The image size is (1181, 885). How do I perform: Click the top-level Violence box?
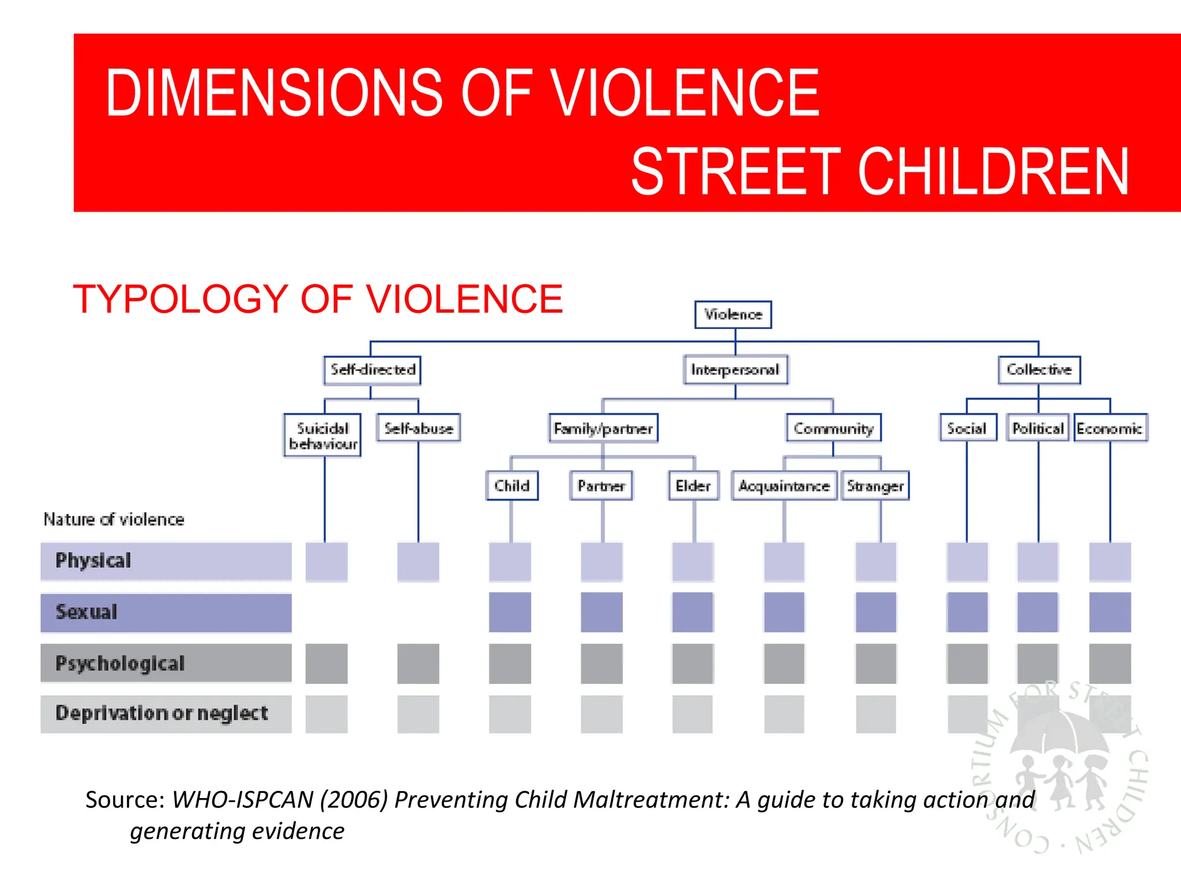coord(733,315)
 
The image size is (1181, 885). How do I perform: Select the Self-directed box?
coord(373,370)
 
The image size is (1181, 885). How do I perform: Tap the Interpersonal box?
coord(735,370)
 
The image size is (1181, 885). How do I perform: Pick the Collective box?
coord(1039,370)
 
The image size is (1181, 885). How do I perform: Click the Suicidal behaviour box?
coord(323,436)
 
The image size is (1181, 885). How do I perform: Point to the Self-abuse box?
coord(419,429)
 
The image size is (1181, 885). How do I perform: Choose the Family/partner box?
coord(603,429)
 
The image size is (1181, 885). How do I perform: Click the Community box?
coord(834,429)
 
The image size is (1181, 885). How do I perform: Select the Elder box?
coord(693,486)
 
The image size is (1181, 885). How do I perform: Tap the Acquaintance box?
coord(784,486)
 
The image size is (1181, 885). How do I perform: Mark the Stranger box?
coord(875,486)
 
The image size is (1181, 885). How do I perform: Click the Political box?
coord(1038,429)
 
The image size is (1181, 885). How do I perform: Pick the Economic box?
coord(1109,429)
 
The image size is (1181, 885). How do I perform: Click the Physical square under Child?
coord(510,562)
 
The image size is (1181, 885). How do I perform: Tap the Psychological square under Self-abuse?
coord(418,664)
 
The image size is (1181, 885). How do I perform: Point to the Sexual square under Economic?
coord(1110,612)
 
